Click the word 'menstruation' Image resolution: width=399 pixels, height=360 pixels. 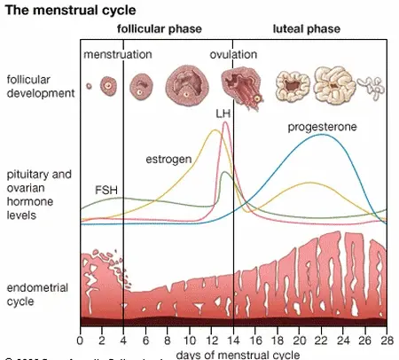(118, 55)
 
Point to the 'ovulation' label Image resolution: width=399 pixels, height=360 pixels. (233, 55)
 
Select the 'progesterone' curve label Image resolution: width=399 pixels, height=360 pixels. (322, 128)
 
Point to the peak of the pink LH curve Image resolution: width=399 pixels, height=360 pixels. (225, 123)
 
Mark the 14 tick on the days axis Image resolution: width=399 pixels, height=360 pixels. (233, 340)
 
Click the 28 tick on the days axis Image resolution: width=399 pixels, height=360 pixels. (387, 340)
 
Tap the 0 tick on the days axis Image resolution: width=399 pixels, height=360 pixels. (80, 340)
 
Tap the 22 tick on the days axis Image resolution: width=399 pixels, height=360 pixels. (321, 340)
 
